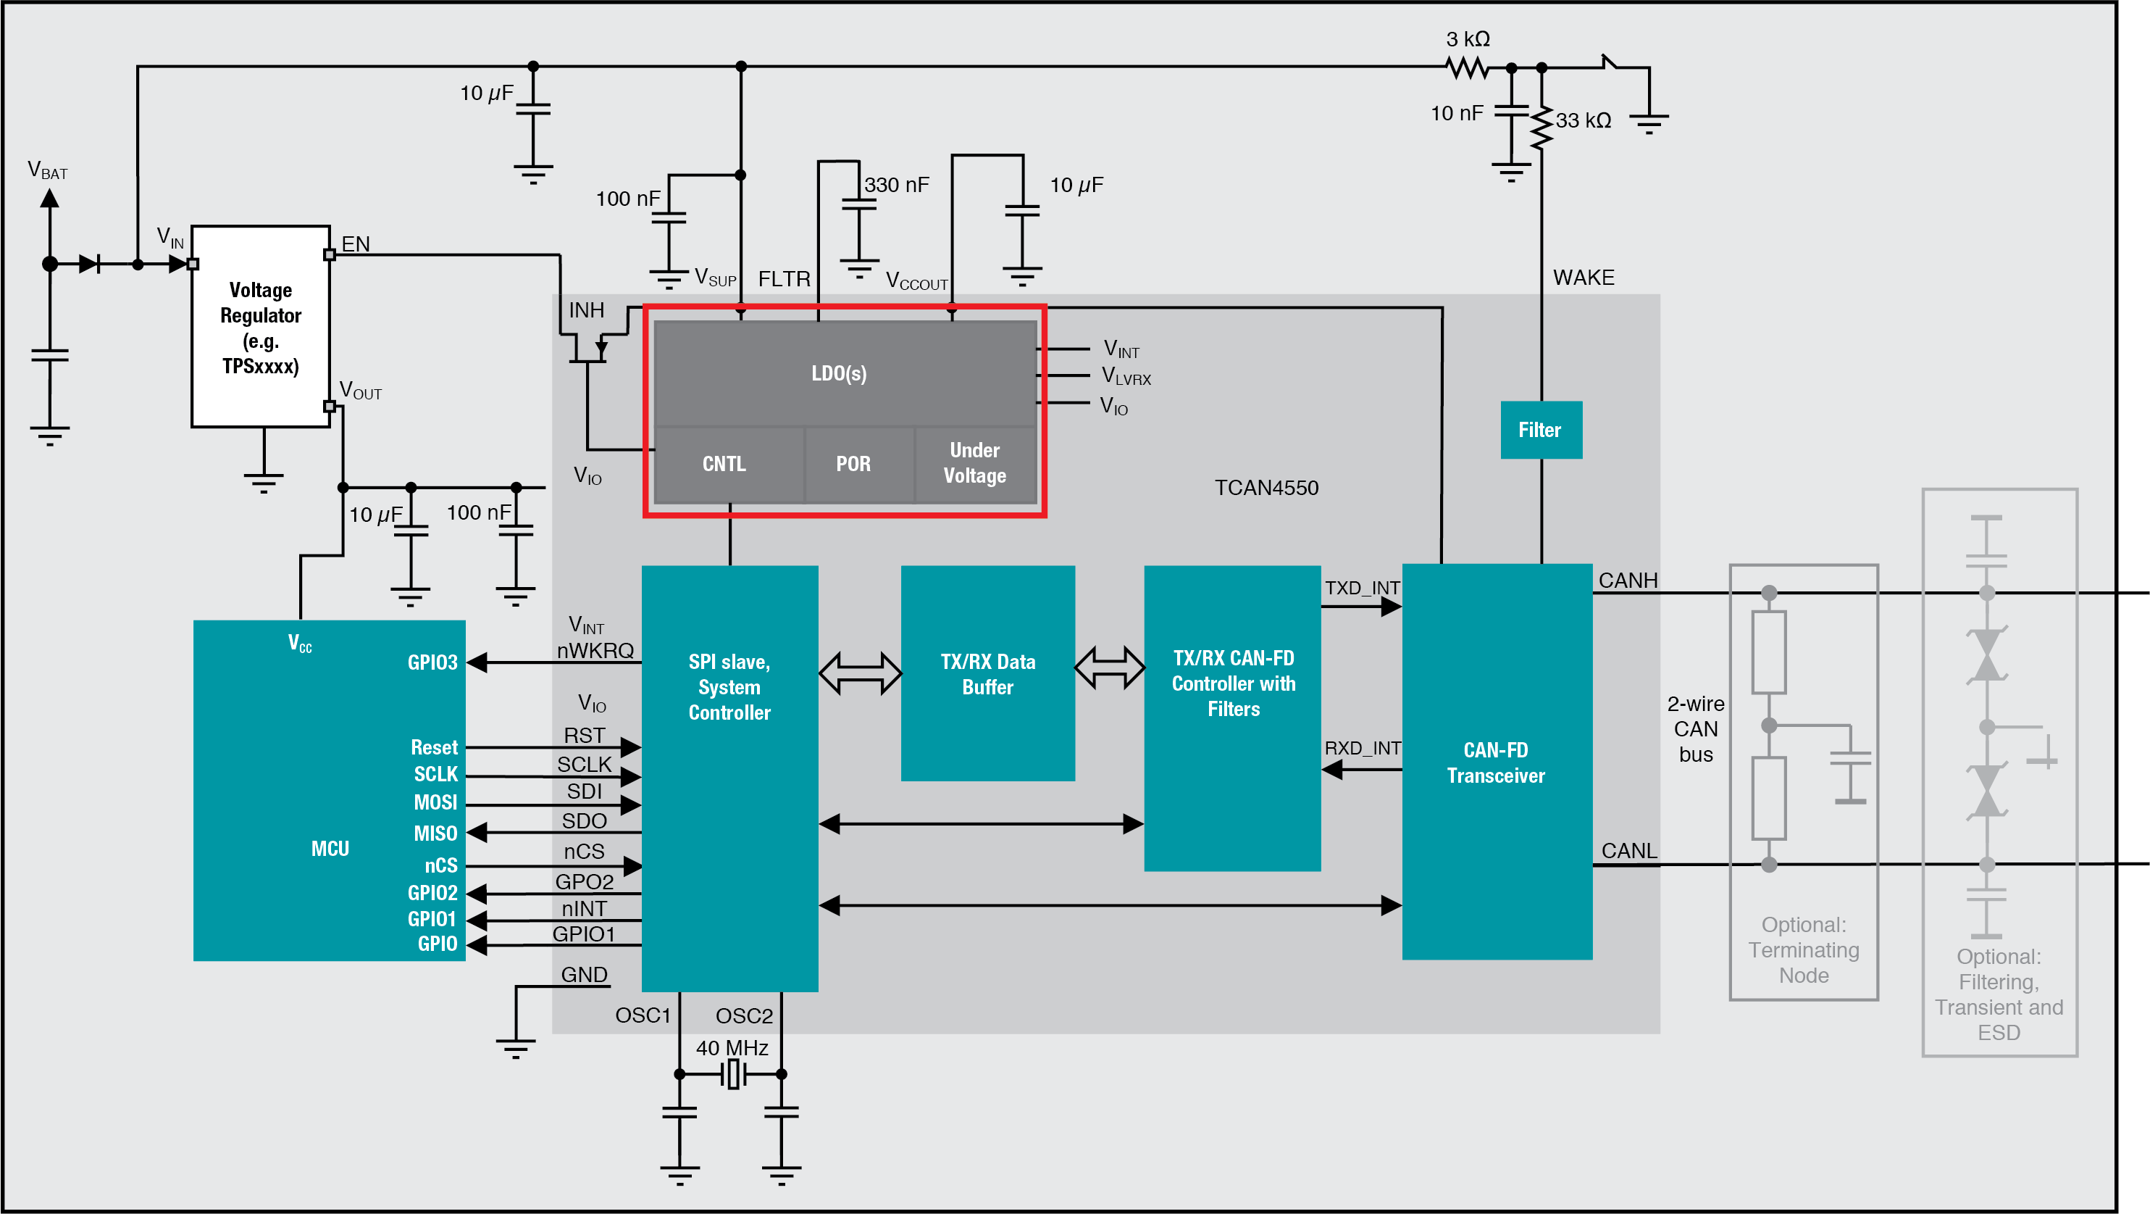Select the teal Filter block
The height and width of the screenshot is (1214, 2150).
click(1540, 430)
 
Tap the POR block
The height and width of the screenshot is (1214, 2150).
click(853, 465)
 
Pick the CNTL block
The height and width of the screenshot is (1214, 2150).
click(724, 465)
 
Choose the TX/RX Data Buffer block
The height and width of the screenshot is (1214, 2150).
click(987, 674)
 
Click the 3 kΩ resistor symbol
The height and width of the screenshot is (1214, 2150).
click(1468, 67)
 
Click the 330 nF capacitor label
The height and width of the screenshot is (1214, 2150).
click(896, 186)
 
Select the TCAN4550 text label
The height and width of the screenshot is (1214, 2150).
click(1266, 488)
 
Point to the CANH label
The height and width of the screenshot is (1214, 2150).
click(1628, 581)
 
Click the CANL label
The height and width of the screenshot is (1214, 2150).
click(1628, 851)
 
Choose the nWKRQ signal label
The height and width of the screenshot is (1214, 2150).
click(595, 650)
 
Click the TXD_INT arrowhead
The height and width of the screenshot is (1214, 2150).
click(1392, 607)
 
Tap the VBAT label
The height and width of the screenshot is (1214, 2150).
click(47, 170)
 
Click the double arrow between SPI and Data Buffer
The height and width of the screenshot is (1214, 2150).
click(860, 673)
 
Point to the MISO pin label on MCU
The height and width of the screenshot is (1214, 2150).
click(435, 833)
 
